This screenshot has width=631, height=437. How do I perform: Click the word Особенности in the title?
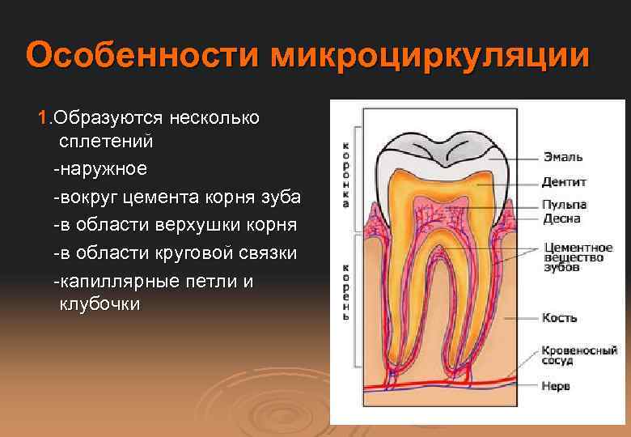click(x=142, y=57)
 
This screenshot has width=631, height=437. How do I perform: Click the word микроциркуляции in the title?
click(x=430, y=57)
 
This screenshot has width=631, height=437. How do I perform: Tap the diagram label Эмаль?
click(x=562, y=157)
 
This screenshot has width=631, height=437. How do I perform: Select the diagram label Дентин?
click(x=565, y=182)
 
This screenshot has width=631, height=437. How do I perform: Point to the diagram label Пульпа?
click(x=565, y=205)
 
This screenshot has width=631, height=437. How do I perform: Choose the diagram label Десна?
click(x=561, y=218)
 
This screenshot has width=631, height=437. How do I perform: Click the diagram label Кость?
click(x=559, y=318)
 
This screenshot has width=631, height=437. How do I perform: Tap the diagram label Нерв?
click(x=557, y=386)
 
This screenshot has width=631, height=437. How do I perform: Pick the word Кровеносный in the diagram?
click(x=579, y=350)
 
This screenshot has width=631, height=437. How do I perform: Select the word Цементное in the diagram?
click(x=578, y=247)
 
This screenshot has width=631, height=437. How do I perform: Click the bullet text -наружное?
click(x=100, y=169)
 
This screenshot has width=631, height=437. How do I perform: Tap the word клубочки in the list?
click(x=100, y=304)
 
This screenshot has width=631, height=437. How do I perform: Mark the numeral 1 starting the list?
click(x=43, y=117)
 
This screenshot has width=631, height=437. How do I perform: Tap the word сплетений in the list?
click(x=105, y=141)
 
